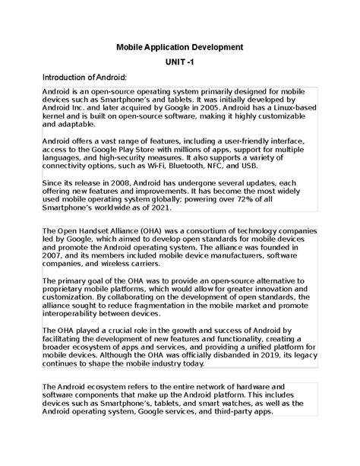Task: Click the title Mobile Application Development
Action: tap(179, 47)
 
